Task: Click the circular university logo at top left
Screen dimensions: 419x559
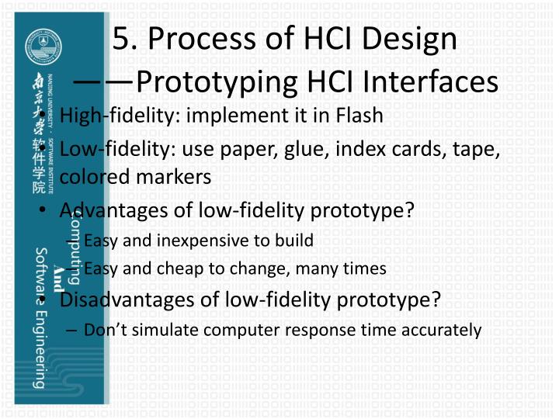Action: click(39, 47)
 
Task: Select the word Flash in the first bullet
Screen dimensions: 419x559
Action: click(360, 116)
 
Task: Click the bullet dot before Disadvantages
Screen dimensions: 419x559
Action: click(47, 300)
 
